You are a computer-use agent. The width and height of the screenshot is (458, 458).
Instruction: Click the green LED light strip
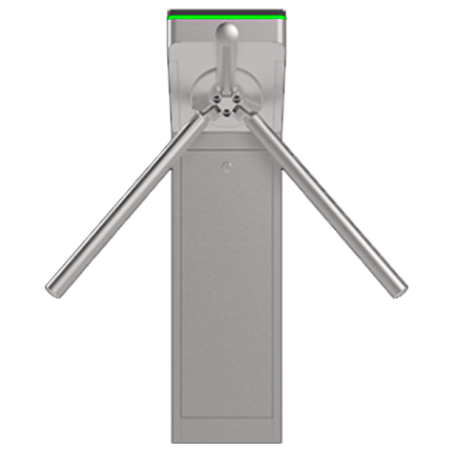(228, 16)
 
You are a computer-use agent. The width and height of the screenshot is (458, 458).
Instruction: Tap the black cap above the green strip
(228, 10)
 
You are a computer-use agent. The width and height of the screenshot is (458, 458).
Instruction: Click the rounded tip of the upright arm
(227, 32)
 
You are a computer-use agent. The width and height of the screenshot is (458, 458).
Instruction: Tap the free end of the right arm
(398, 287)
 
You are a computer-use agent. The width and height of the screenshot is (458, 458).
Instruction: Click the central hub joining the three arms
(227, 104)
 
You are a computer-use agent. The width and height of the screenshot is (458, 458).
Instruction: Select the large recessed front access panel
(227, 286)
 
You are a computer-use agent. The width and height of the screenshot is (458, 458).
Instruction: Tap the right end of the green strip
(284, 16)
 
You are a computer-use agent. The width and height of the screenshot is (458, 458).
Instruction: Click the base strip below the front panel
(227, 435)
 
